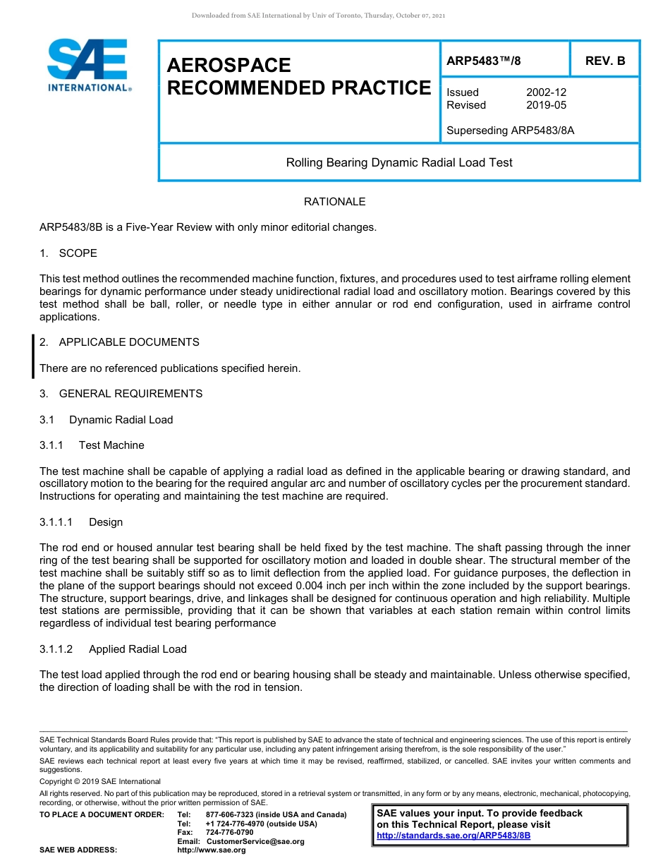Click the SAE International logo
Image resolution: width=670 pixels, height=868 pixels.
88,66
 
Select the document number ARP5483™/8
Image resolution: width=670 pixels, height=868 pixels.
484,61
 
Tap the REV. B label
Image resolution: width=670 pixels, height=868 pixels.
605,61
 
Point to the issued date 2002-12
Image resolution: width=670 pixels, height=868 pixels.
546,92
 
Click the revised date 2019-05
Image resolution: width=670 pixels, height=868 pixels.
546,105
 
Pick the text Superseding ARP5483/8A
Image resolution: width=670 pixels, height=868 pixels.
510,131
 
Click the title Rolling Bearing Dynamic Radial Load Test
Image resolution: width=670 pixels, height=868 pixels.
399,162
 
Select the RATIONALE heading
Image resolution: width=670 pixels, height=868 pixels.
334,202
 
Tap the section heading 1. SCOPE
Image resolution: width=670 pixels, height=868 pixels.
68,253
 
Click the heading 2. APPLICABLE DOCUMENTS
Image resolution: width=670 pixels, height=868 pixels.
119,342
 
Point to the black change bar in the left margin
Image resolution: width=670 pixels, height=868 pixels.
33,356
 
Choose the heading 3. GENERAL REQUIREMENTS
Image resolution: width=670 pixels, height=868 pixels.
121,394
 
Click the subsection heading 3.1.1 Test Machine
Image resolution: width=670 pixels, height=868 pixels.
92,445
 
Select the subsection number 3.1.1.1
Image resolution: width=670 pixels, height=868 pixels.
56,522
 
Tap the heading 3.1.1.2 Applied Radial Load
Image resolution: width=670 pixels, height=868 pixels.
113,649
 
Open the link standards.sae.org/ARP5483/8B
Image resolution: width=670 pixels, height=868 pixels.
453,836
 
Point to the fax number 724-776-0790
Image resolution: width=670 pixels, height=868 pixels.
229,833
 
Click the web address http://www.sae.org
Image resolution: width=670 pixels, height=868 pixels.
212,850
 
